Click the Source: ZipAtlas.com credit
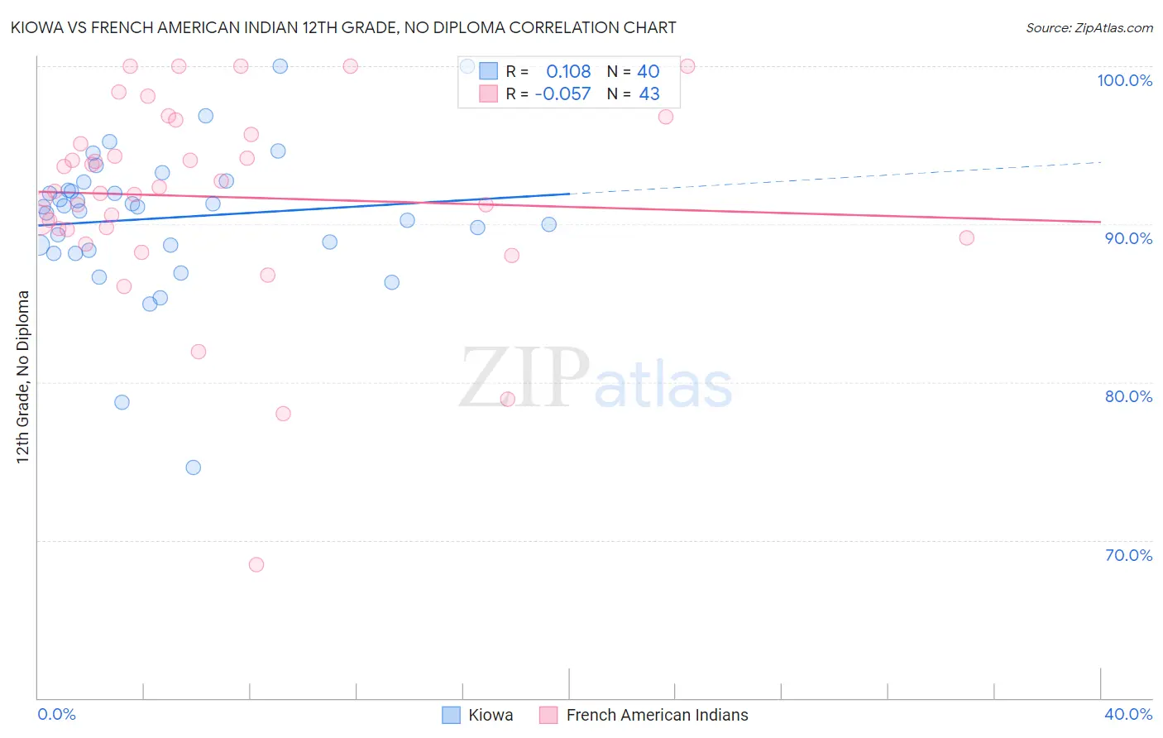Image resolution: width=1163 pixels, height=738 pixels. tap(1089, 28)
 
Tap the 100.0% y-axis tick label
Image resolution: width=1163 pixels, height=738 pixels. tap(1124, 80)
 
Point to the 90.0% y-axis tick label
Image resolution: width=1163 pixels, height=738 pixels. tap(1127, 238)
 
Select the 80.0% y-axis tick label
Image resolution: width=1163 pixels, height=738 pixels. tap(1127, 396)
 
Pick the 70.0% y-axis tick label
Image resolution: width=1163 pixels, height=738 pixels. tap(1127, 555)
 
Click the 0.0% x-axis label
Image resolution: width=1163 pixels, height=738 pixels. tap(56, 715)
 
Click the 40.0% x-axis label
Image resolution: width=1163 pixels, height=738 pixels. tap(1127, 715)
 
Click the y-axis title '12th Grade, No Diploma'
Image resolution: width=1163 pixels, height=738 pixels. tap(23, 376)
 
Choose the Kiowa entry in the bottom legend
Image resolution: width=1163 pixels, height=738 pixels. tap(490, 716)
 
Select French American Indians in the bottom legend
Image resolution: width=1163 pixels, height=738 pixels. tap(657, 716)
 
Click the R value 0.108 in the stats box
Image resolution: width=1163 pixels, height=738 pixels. tap(568, 72)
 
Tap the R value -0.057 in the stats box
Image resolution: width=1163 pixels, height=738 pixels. tap(562, 94)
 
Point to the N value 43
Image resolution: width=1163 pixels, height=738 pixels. tap(649, 94)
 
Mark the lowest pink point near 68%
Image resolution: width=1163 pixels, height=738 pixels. tap(256, 565)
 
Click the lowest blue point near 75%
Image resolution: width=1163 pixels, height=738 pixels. tap(194, 467)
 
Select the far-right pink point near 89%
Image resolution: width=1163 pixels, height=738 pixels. tap(966, 238)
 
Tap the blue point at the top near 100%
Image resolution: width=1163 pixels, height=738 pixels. tap(280, 66)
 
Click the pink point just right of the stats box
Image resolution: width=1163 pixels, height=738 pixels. tap(687, 66)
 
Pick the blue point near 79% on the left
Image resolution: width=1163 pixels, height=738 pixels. tap(122, 402)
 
